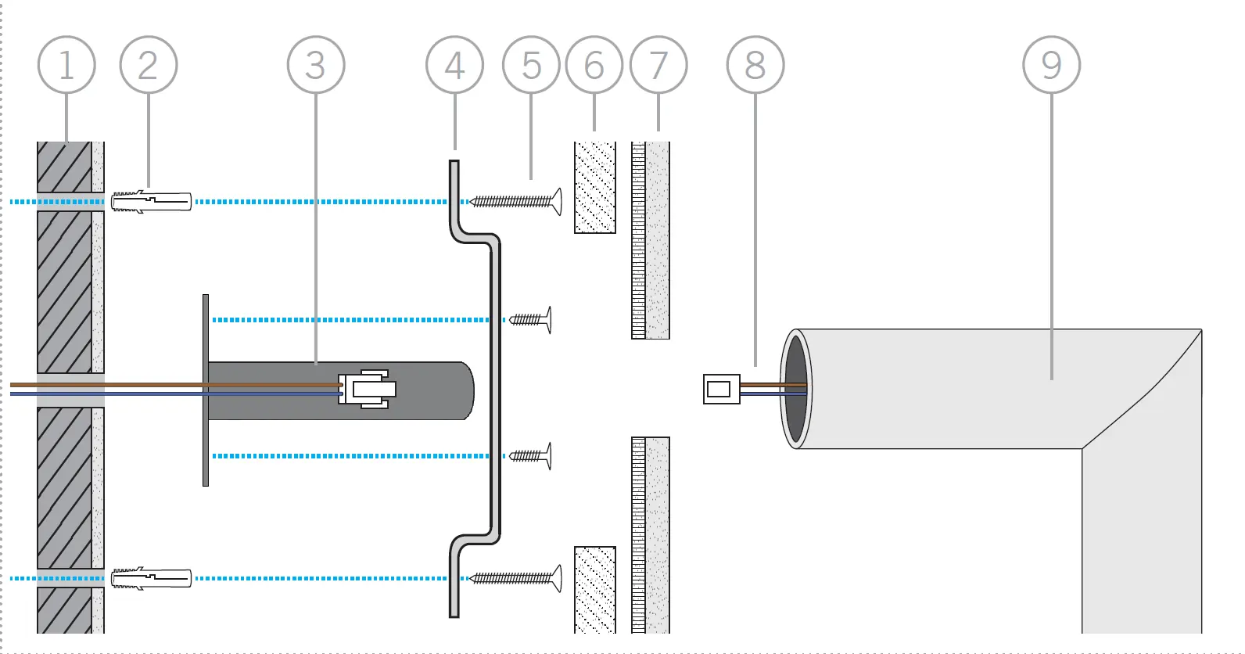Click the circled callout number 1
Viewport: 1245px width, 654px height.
pos(66,65)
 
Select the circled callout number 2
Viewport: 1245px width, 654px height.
pos(149,65)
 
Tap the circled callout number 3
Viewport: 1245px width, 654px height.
pos(316,65)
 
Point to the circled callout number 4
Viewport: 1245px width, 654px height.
pos(454,65)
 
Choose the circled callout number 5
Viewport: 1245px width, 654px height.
pos(531,65)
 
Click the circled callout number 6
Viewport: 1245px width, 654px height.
pos(594,65)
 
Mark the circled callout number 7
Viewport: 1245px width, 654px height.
pos(658,65)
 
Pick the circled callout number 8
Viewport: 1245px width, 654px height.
pos(755,65)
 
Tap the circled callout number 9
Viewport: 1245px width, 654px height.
pos(1052,65)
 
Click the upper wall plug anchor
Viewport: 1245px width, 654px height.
pos(151,201)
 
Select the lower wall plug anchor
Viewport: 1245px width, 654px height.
pos(151,578)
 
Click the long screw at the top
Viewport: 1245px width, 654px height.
pos(516,201)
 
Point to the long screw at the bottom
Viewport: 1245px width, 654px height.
pos(516,578)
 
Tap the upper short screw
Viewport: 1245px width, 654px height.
pos(530,320)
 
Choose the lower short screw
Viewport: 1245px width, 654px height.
pos(530,456)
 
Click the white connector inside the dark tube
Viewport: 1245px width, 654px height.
pos(368,390)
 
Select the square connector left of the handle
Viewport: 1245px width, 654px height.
pos(722,390)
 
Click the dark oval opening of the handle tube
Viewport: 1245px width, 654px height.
pos(796,389)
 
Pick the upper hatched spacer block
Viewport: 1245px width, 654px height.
pos(594,188)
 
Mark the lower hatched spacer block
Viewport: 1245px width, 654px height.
pos(594,590)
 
